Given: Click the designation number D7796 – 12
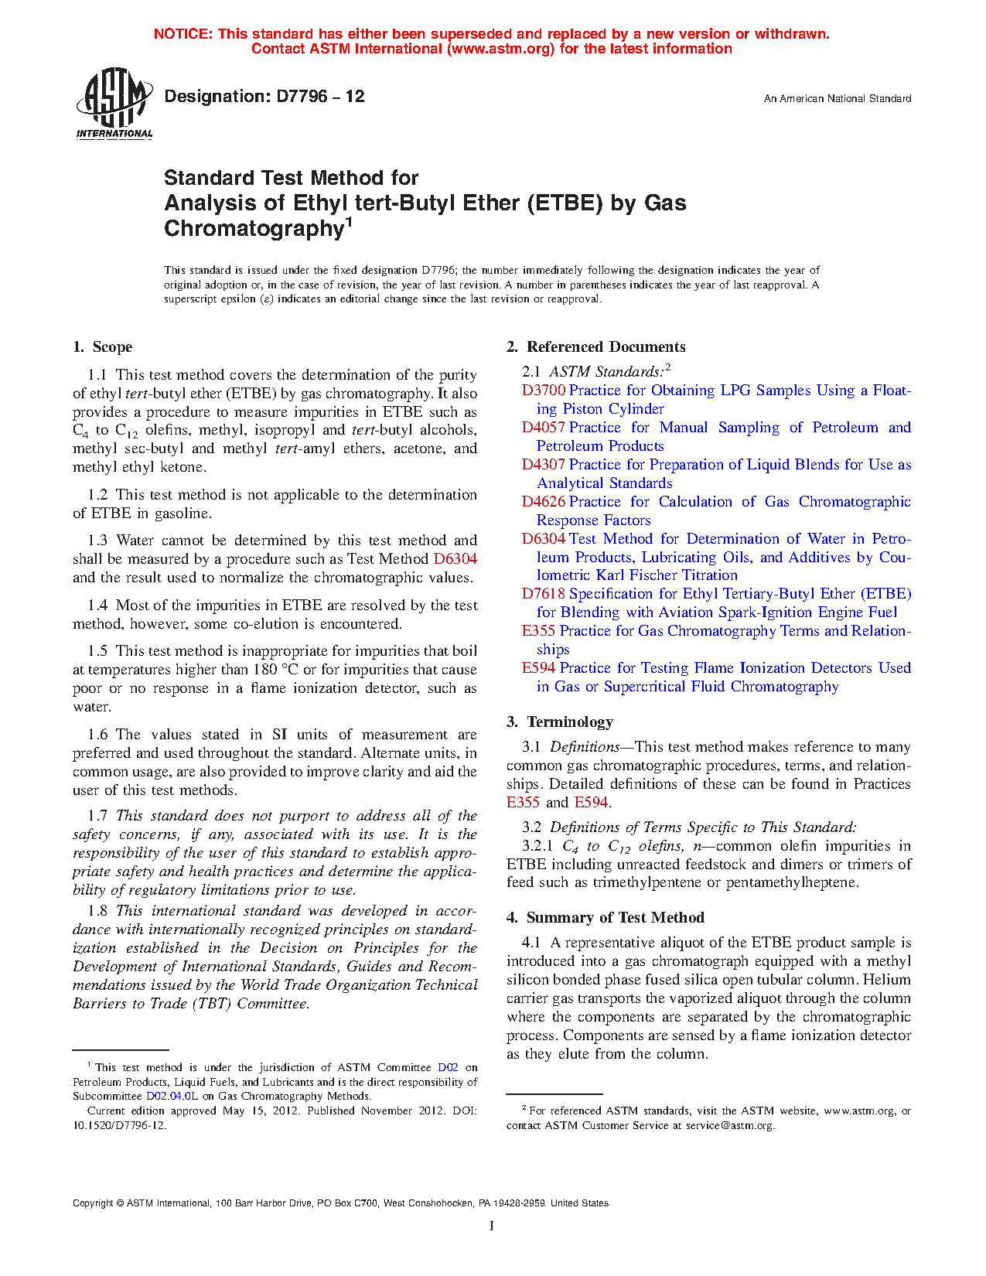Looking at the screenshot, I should click(264, 97).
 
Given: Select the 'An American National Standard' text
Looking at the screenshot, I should click(837, 99).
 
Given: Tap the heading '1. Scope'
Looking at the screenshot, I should click(103, 347).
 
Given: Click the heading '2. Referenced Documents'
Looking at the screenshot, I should click(596, 347).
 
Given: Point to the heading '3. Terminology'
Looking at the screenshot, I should click(560, 722).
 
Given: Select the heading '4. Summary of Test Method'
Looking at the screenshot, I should click(606, 918).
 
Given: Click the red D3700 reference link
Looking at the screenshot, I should click(544, 391).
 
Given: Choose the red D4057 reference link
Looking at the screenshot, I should click(544, 428).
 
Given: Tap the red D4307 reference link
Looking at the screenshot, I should click(544, 465).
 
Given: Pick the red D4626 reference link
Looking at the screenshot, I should click(544, 502).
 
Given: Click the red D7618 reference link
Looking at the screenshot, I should click(544, 594).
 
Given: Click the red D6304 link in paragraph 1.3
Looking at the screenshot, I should click(455, 559).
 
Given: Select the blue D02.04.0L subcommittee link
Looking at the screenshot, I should click(172, 1096).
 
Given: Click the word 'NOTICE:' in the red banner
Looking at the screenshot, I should click(184, 34).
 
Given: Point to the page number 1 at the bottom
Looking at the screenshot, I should click(491, 1225).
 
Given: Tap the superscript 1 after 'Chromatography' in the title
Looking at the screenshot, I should click(349, 223).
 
